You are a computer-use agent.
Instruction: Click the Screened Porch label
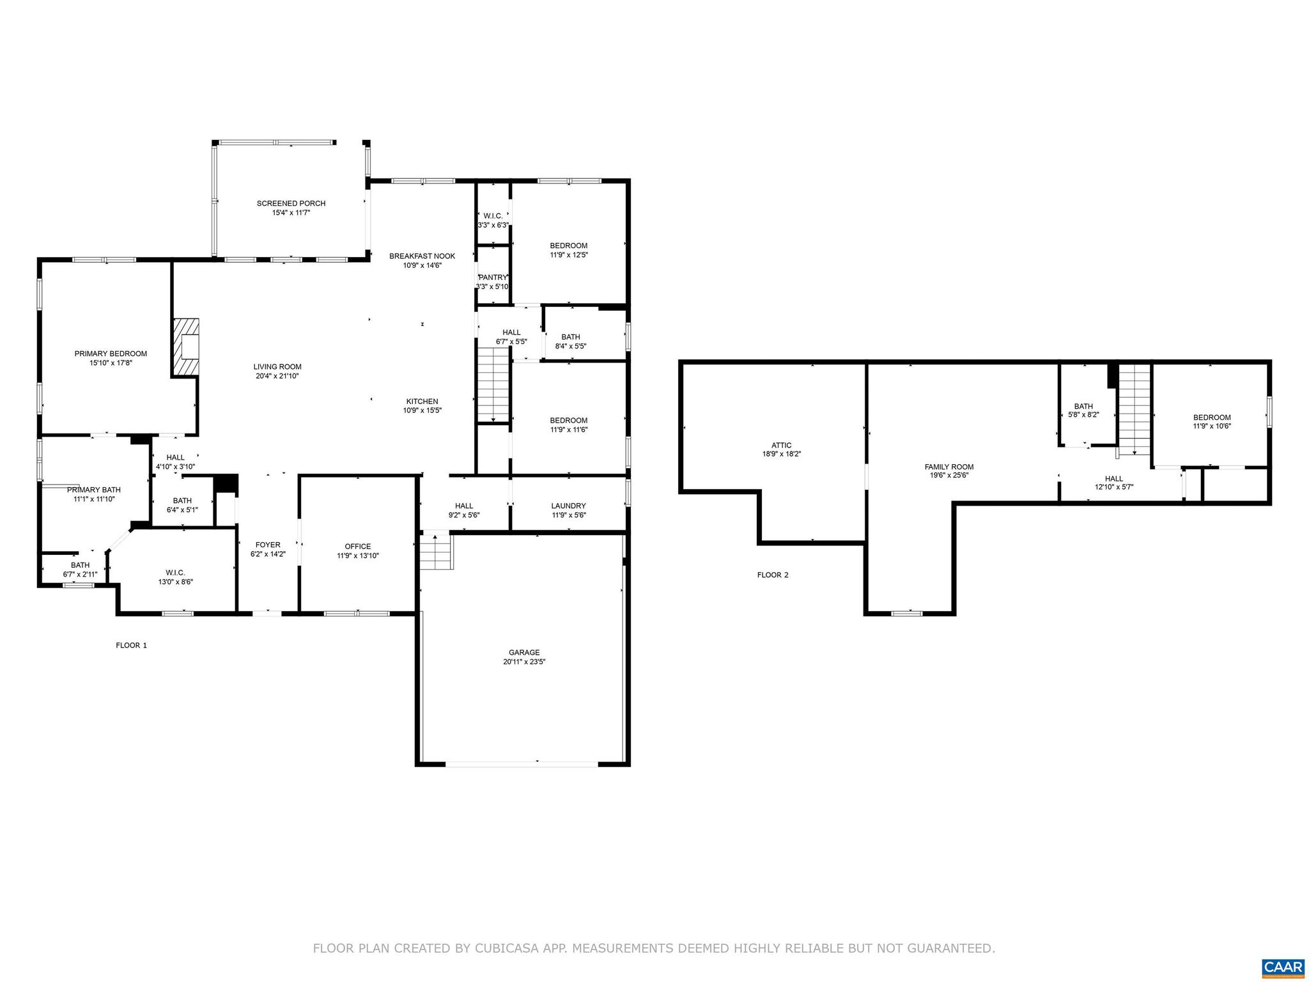tap(291, 203)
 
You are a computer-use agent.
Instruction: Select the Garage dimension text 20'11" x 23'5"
tap(523, 662)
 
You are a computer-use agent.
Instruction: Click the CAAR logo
tap(1283, 967)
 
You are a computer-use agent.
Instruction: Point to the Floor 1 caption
tap(131, 645)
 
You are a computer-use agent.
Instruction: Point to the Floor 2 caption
tap(773, 575)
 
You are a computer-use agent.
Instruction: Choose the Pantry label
tap(493, 277)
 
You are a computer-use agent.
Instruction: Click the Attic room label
tap(781, 445)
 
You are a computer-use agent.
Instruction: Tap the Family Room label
tap(949, 467)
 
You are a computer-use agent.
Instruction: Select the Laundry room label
tap(568, 506)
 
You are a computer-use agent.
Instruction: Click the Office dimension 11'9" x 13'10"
tap(358, 556)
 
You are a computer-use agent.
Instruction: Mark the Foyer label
tap(267, 545)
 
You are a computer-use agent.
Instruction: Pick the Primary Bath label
tap(93, 490)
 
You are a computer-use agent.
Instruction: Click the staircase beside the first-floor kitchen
tap(493, 384)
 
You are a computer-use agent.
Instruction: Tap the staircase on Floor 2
tap(1135, 409)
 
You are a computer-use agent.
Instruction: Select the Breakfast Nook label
tap(422, 256)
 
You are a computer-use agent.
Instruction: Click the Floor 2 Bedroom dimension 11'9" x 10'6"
tap(1211, 426)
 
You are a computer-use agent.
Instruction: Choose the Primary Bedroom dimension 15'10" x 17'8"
tap(111, 362)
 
